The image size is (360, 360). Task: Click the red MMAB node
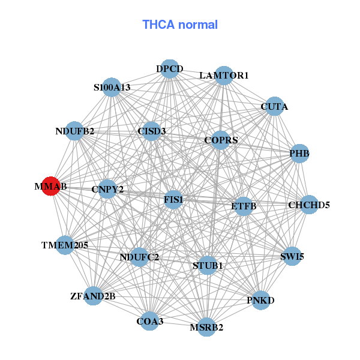(51, 186)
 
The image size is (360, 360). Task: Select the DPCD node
(170, 69)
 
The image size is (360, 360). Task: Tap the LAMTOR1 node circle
(224, 76)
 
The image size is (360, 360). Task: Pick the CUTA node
(275, 106)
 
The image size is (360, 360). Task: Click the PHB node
(299, 154)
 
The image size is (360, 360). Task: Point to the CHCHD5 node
(309, 205)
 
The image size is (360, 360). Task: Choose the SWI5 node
(292, 256)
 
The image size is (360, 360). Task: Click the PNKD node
(260, 300)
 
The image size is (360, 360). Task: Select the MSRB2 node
(206, 327)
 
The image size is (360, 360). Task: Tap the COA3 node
(149, 321)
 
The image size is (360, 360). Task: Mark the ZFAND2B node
(93, 296)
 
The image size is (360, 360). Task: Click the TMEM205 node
(65, 245)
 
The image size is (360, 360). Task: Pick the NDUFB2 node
(74, 131)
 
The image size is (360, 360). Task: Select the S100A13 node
(112, 87)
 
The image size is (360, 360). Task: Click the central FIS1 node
(173, 200)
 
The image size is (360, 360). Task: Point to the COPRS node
(221, 140)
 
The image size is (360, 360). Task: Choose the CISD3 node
(151, 131)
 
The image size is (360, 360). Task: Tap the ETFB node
(244, 206)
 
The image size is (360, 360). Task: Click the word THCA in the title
(158, 25)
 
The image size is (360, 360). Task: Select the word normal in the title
(198, 25)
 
